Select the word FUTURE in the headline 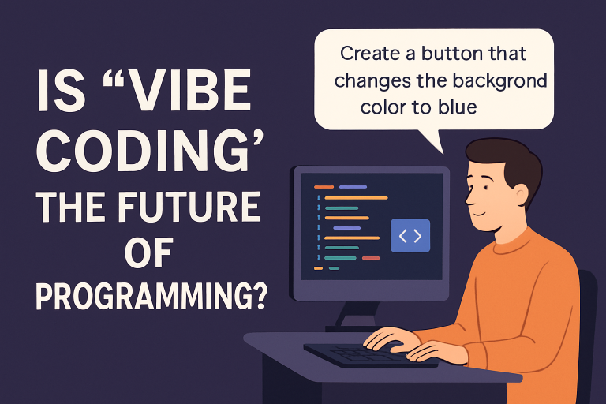[189, 208]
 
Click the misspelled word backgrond [500, 80]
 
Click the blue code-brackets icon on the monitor [410, 235]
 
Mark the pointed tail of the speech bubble [443, 153]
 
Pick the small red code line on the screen [371, 258]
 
